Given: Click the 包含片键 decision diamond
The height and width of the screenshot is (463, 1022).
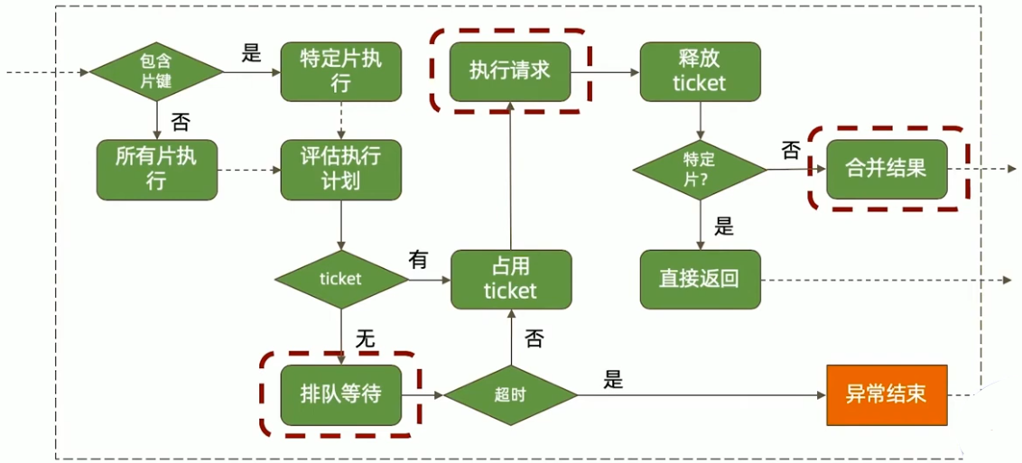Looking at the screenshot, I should [155, 71].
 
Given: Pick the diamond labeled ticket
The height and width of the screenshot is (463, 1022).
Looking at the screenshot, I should [340, 280].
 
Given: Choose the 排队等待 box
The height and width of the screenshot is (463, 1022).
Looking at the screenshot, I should [340, 395].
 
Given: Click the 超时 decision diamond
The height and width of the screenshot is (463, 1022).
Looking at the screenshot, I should [510, 395].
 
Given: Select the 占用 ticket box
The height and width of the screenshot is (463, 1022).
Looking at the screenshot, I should [510, 280].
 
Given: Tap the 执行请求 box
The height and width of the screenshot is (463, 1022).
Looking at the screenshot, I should [510, 71].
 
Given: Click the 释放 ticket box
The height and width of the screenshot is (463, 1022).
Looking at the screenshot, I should [700, 71].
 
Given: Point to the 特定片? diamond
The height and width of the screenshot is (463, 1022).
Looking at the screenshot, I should [700, 170].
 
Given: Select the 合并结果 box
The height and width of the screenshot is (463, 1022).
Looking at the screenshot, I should [886, 170].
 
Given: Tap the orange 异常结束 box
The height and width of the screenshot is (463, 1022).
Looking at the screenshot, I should [886, 395].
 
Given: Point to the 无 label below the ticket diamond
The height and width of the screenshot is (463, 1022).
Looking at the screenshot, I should [365, 338].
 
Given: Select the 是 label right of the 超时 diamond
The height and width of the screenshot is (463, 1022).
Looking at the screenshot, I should [613, 380].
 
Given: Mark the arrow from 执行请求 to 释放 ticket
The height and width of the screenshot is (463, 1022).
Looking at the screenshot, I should [605, 71].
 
